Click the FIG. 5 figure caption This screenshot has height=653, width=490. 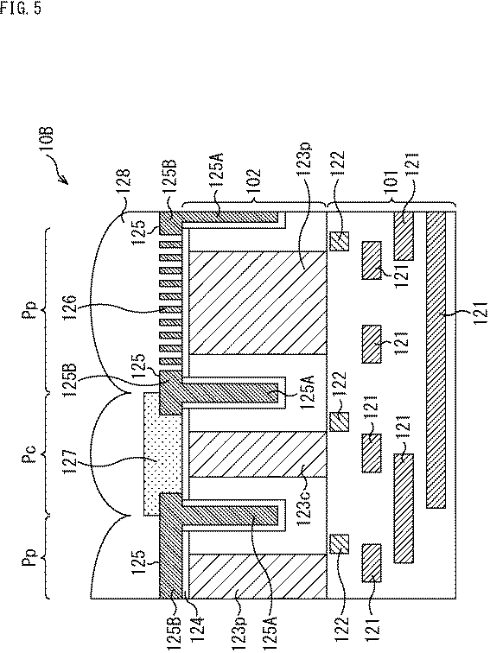point(21,8)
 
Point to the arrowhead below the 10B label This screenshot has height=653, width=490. point(64,180)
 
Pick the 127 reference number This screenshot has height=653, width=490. point(69,461)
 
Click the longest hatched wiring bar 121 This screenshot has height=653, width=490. point(436,360)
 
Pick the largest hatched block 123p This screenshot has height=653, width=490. point(258,303)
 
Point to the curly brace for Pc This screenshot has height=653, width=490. point(47,456)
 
